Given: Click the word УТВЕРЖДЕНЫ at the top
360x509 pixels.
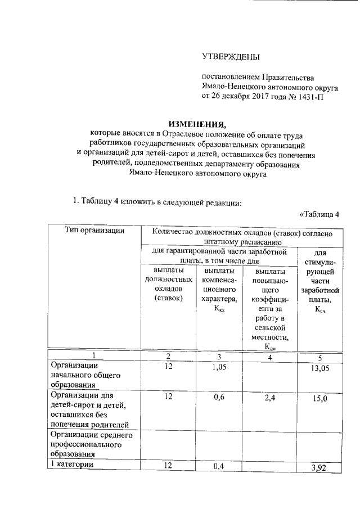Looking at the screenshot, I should click(x=231, y=56).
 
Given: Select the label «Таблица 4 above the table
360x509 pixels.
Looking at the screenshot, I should click(x=319, y=214).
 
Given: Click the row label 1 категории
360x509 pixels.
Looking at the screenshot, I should click(x=72, y=465).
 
